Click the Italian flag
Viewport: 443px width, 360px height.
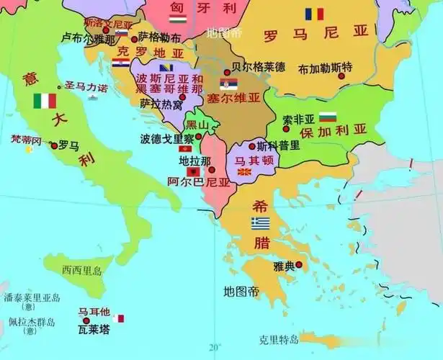[44, 101]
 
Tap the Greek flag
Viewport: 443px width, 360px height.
[261, 223]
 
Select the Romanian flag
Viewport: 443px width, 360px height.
[314, 14]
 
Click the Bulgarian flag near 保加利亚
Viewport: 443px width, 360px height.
[328, 117]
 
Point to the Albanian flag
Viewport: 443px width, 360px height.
[193, 172]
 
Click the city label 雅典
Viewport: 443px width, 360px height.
[285, 266]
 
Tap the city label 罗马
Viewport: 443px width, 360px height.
[68, 145]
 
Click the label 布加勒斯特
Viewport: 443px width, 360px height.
[326, 68]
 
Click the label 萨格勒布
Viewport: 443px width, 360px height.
[160, 36]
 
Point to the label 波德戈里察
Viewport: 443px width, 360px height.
[167, 138]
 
